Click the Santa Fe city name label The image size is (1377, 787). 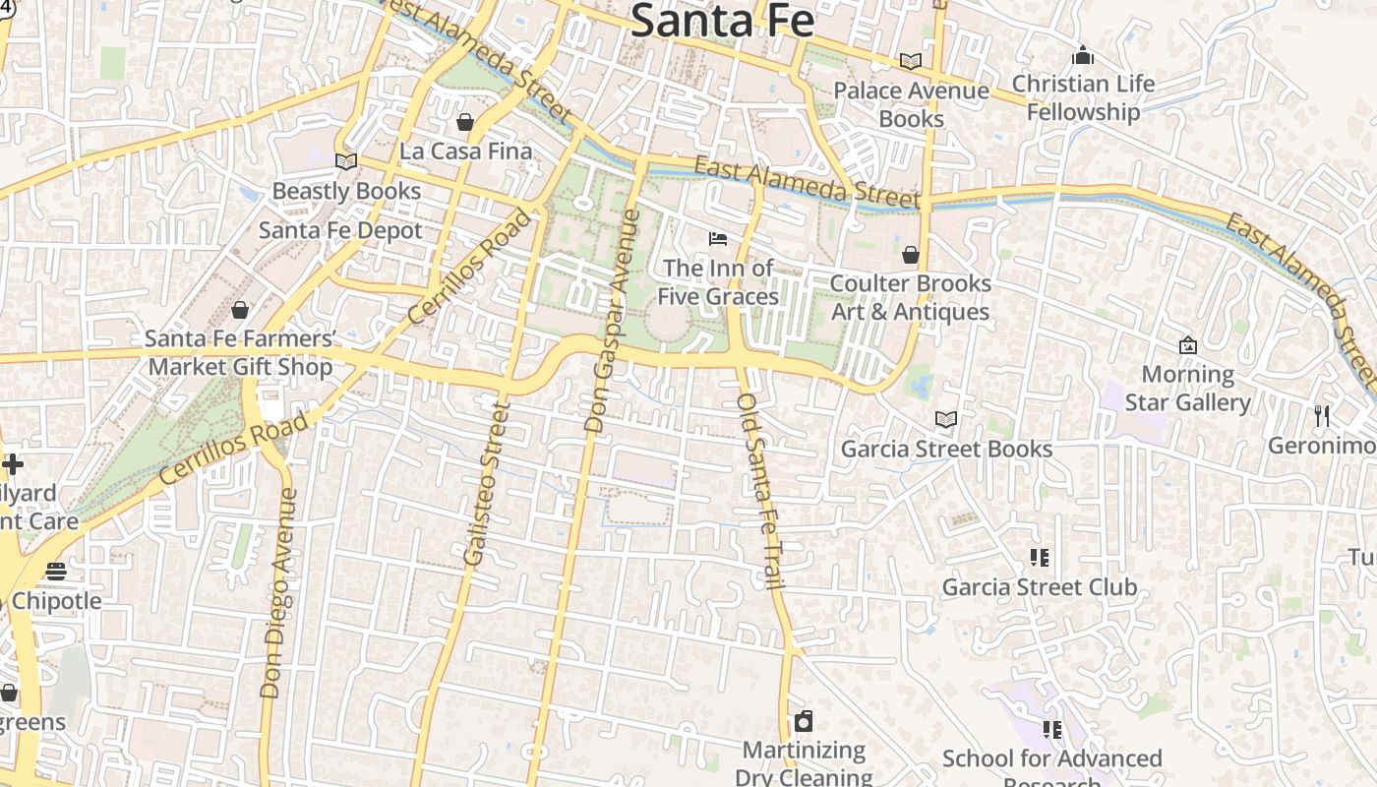pos(722,20)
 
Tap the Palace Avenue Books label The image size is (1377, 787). pos(911,104)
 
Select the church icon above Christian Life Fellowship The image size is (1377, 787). pos(1083,55)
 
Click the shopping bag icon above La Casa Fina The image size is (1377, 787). pos(465,122)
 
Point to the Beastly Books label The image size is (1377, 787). pos(346,191)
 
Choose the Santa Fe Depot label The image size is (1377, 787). pos(340,230)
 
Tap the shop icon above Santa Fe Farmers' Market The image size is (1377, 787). pos(240,311)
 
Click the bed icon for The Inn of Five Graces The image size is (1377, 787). pos(718,238)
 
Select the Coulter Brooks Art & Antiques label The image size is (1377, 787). pos(910,297)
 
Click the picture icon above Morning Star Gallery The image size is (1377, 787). pos(1187,345)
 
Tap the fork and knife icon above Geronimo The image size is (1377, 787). pos(1322,416)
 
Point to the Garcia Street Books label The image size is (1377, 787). pos(946,450)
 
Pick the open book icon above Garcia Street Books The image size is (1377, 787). pos(946,420)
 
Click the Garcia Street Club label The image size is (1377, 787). pos(1040,587)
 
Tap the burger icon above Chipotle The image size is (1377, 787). pos(56,572)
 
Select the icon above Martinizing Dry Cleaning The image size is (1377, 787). pos(804,721)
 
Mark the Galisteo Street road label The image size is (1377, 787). pos(488,482)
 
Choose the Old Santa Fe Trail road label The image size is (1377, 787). pos(761,492)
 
